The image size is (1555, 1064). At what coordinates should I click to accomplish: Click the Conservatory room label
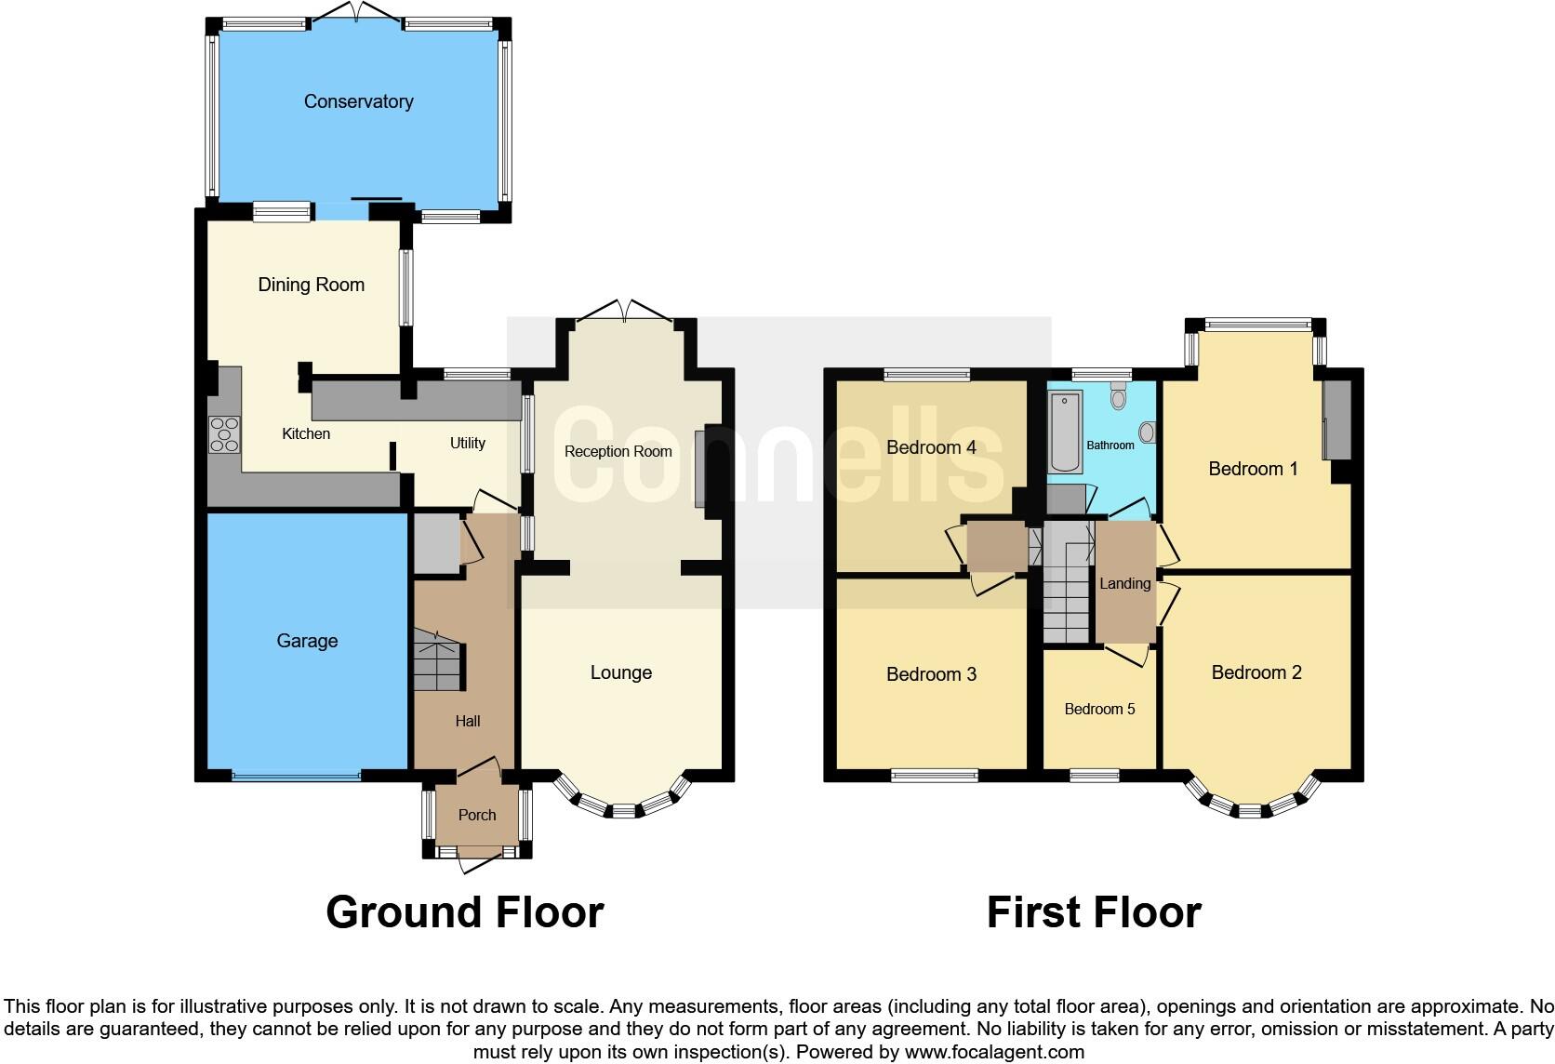pos(358,101)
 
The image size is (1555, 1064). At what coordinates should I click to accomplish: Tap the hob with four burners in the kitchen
pos(224,434)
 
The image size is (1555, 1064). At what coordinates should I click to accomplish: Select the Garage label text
pos(307,641)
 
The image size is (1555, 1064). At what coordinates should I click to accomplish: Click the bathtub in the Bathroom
pos(1066,432)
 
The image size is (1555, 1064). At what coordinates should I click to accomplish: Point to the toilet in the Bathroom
pos(1119,397)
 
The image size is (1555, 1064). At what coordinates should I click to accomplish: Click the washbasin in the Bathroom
pos(1147,432)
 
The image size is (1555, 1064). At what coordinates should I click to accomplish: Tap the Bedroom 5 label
pos(1099,709)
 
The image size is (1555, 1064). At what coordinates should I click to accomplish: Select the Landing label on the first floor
pos(1124,583)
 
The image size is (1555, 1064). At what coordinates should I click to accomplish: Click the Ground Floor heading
pos(464,912)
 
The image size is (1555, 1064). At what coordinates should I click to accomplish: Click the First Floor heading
pos(1094,912)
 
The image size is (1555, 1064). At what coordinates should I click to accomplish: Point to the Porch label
pos(477,815)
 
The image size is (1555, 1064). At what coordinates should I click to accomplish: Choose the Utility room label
pos(467,443)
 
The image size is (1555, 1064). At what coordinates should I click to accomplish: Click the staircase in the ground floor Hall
pos(437,660)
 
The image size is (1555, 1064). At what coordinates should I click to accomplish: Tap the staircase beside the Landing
pos(1066,586)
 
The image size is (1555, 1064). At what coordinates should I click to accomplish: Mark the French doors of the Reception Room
pos(624,312)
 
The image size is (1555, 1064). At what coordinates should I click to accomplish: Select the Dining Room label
pos(311,285)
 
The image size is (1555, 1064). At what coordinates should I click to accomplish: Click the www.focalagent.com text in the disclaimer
pos(993,1052)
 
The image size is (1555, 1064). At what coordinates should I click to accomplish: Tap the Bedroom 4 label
pos(931,447)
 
